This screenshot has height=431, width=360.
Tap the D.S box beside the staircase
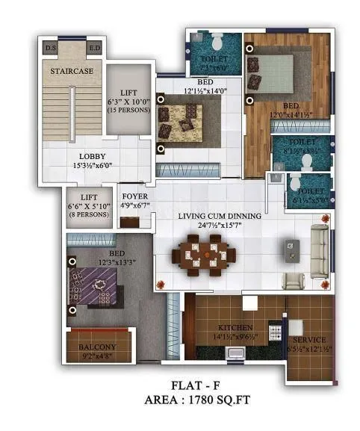(51, 49)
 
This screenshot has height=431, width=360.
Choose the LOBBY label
(93, 156)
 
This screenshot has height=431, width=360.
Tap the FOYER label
(134, 196)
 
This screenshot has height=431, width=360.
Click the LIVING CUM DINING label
(220, 217)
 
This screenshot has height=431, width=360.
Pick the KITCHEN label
(236, 327)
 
